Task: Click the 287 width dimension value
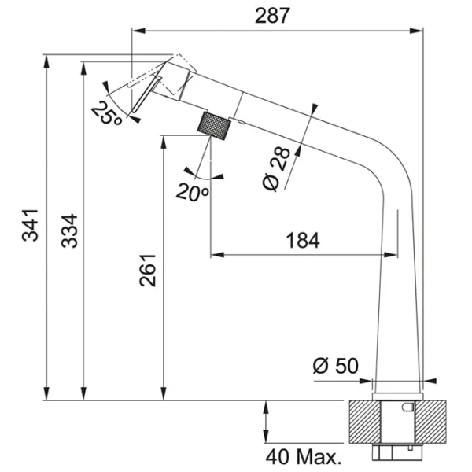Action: coord(272,16)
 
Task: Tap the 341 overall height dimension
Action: coord(30,225)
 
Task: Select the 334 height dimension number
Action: coord(69,230)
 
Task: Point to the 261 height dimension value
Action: coord(148,271)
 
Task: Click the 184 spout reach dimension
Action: coord(302,241)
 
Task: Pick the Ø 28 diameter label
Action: coord(276,169)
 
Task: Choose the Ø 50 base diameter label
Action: coord(336,366)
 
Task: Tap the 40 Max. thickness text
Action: coord(304,457)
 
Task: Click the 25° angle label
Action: coord(106,113)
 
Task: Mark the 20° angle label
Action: coord(193,192)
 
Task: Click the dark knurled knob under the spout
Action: coord(214,126)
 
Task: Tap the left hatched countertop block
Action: coord(365,422)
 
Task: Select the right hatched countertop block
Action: coord(431,422)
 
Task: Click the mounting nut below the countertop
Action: coord(397,452)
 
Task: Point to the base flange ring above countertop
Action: coord(398,396)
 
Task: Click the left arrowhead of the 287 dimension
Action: coord(138,31)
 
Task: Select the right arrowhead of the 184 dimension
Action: coord(391,255)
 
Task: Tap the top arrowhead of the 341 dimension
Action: coord(46,61)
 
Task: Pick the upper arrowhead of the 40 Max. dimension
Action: coord(266,407)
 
